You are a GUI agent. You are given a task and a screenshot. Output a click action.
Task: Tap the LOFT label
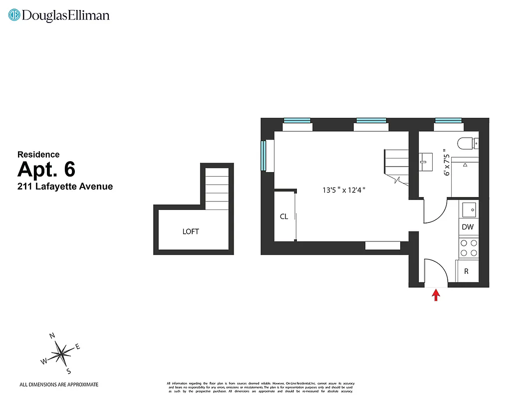click(191, 231)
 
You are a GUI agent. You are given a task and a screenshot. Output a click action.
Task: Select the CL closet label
click(284, 216)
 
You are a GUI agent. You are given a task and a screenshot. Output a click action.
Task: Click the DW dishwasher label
click(468, 227)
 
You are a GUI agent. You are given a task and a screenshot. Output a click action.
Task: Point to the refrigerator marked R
click(467, 272)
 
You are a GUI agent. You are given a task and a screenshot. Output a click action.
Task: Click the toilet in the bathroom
click(467, 144)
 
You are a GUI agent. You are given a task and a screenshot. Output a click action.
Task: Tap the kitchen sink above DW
click(469, 209)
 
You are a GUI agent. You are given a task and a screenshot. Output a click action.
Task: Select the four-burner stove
click(468, 248)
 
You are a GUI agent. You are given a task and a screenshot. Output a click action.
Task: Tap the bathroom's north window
click(448, 120)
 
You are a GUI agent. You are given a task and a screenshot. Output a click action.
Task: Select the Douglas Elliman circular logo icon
click(14, 15)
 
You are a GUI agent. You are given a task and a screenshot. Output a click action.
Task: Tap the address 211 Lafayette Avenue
click(65, 187)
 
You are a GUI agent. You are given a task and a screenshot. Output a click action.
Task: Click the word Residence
click(38, 155)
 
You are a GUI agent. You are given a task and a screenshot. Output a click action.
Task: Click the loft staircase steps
click(217, 187)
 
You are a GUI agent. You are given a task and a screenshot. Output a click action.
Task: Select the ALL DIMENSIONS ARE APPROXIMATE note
click(59, 385)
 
